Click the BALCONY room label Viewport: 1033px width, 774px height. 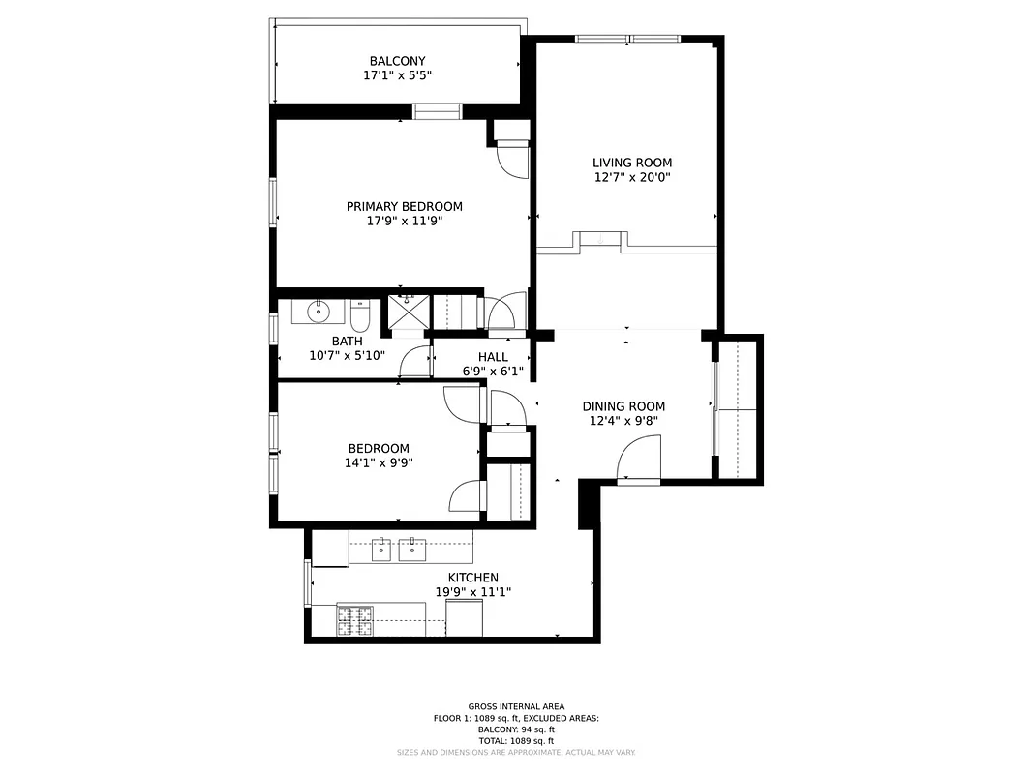coord(397,61)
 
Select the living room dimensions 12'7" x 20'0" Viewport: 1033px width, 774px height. coord(632,177)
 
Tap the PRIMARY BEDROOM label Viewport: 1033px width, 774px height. coord(404,206)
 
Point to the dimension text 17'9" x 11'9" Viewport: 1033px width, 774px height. coord(404,221)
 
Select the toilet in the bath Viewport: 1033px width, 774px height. coord(359,315)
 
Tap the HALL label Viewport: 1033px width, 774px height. coord(493,357)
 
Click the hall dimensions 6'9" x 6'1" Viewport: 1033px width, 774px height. coord(493,372)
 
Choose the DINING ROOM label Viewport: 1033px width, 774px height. coord(623,406)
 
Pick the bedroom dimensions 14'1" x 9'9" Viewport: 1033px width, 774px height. coord(379,462)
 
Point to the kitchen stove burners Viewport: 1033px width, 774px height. coord(354,619)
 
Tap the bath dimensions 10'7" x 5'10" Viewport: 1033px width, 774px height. coord(347,355)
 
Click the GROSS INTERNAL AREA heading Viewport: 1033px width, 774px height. coord(516,706)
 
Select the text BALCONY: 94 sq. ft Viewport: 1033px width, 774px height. coord(516,729)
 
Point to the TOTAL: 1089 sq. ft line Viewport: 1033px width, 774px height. coord(516,740)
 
